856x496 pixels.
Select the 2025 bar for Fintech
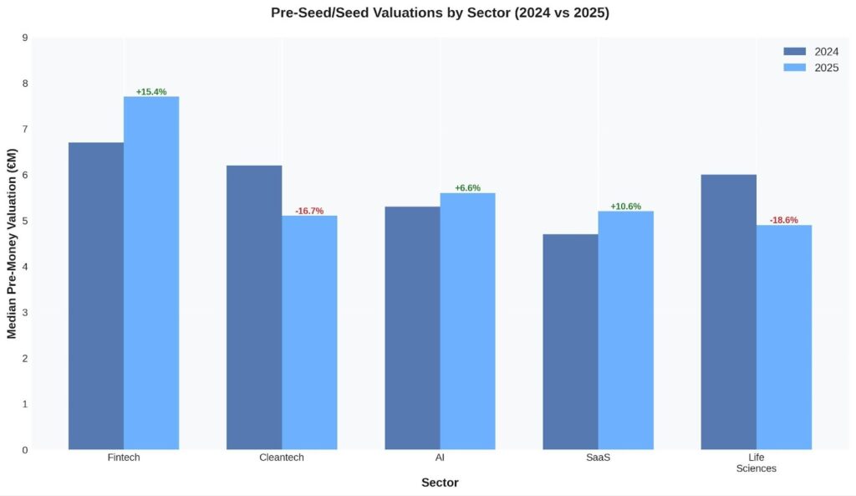pyautogui.click(x=151, y=273)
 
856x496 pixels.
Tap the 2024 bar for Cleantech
pyautogui.click(x=254, y=307)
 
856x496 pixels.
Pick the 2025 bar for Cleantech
pyautogui.click(x=309, y=332)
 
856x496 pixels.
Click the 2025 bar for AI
pyautogui.click(x=467, y=321)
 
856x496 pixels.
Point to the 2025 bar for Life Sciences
pyautogui.click(x=784, y=337)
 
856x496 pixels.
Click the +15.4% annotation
pyautogui.click(x=151, y=92)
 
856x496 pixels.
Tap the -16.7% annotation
pyautogui.click(x=309, y=211)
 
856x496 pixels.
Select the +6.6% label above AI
pyautogui.click(x=467, y=188)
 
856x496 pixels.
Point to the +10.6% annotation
pyautogui.click(x=626, y=207)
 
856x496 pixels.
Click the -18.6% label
pyautogui.click(x=784, y=220)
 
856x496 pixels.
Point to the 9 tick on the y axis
pyautogui.click(x=24, y=38)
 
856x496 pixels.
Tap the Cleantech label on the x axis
pyautogui.click(x=282, y=458)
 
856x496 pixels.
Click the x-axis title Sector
pyautogui.click(x=440, y=483)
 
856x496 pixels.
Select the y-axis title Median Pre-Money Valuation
pyautogui.click(x=12, y=243)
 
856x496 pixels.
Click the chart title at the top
pyautogui.click(x=440, y=13)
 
